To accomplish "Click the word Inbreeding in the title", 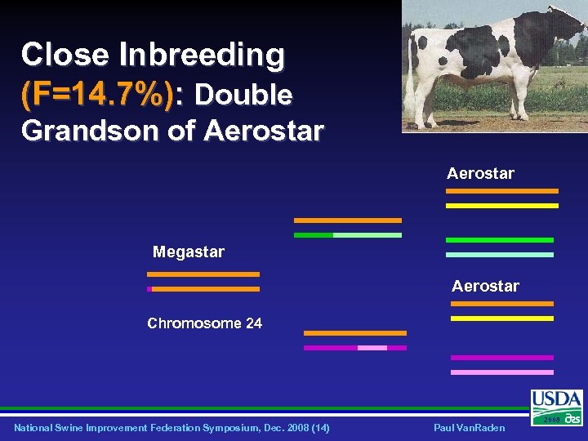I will coord(203,56).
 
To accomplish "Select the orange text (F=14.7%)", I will coord(97,96).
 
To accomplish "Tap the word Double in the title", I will coord(243,96).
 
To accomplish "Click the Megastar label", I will coord(189,252).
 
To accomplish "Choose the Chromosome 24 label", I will coord(204,323).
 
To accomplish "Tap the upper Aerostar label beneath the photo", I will coord(480,173).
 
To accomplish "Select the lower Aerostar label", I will coord(485,286).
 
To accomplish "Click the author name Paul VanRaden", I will coord(470,428).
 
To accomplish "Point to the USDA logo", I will coord(557,407).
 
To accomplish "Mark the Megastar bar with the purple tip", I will coord(203,289).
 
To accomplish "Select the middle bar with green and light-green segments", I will coord(348,235).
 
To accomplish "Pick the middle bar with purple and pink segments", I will coord(354,348).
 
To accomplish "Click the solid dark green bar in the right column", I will coord(500,240).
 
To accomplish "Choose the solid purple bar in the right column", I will coord(501,358).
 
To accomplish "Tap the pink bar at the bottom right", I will coord(501,372).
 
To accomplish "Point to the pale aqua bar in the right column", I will coord(500,255).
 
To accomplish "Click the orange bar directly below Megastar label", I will coord(203,274).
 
